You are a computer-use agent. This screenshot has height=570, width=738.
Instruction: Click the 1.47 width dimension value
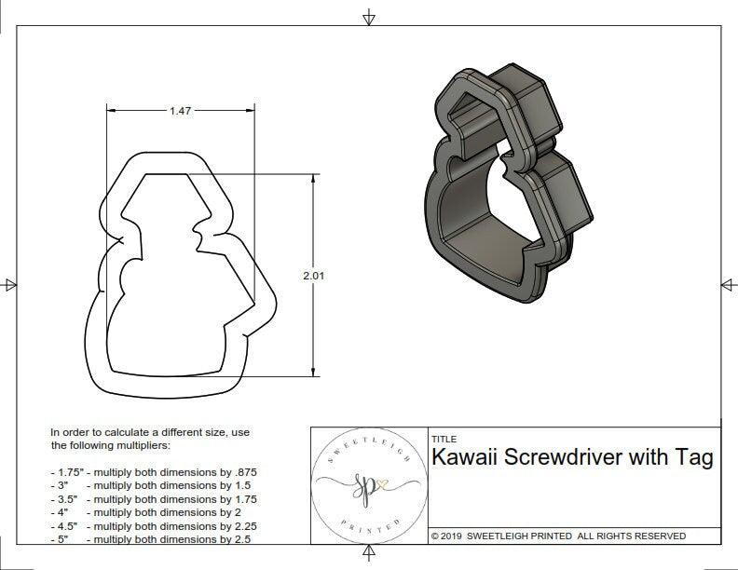180,111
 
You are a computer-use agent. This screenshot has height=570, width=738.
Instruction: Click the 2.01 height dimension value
314,276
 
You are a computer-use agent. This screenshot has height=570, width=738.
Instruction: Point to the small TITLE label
444,439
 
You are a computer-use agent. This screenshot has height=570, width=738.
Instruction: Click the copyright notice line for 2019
558,536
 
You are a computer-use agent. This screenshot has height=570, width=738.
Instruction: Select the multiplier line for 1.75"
154,472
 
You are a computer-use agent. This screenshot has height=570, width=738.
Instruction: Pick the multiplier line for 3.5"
152,498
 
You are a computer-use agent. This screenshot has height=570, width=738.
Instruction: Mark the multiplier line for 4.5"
152,524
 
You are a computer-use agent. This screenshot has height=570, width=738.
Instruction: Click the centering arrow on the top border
369,18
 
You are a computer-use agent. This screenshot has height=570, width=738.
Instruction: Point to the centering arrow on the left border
10,284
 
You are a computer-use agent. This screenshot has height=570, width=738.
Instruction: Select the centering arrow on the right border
727,284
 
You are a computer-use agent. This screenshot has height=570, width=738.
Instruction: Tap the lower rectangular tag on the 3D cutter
564,196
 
